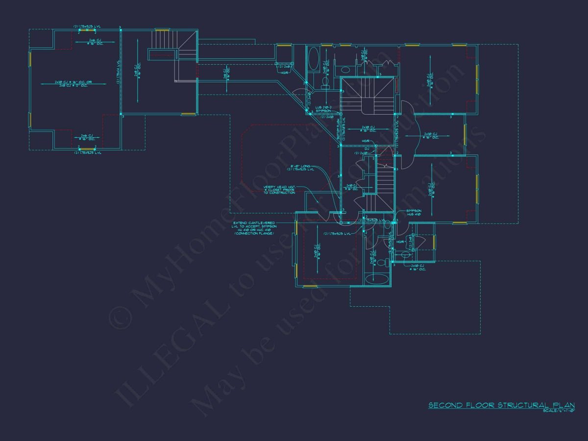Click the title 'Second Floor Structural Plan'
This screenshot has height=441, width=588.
(x=501, y=405)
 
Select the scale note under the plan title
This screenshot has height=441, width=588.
(x=558, y=411)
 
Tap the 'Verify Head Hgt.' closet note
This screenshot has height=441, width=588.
(x=279, y=190)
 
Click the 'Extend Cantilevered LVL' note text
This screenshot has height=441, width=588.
(x=254, y=228)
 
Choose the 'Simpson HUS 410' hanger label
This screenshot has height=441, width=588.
(x=414, y=213)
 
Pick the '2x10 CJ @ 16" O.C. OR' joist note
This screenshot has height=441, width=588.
(x=73, y=84)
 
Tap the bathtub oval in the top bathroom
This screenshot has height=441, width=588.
(x=314, y=58)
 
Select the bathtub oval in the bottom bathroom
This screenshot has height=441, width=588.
(x=377, y=279)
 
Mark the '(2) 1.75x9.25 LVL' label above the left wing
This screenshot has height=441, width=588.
(x=87, y=25)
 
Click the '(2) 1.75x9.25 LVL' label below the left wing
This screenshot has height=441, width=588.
(x=87, y=153)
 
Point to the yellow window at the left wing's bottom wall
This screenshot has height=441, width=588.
(x=87, y=148)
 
